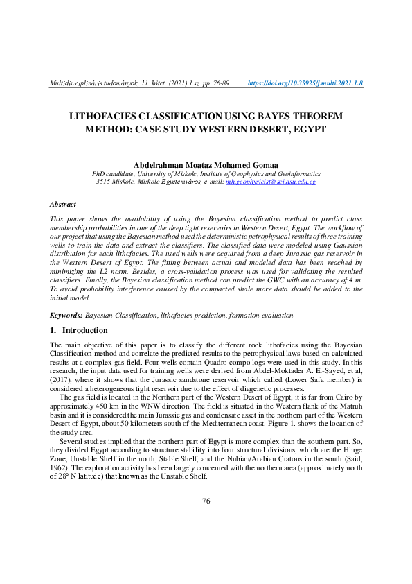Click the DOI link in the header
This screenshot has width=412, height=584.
click(305, 83)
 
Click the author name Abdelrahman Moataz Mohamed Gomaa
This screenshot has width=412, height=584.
click(206, 164)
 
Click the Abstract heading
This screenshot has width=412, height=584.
click(63, 205)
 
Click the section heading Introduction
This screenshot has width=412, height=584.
click(85, 331)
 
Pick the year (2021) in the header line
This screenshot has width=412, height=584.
click(176, 83)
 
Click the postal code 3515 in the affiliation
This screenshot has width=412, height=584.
click(104, 182)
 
